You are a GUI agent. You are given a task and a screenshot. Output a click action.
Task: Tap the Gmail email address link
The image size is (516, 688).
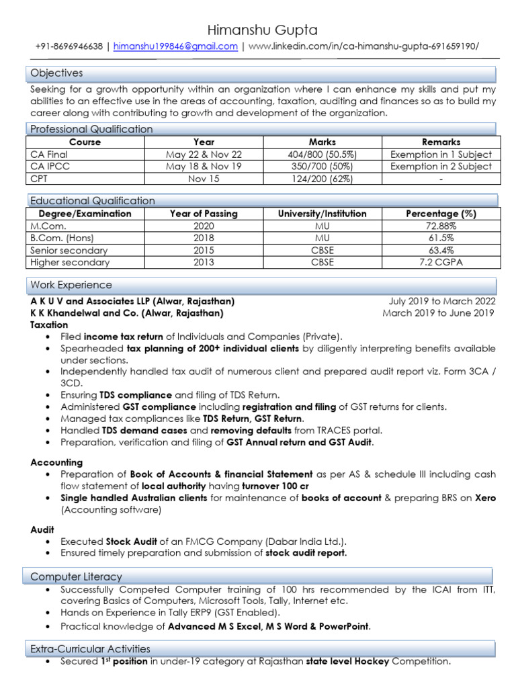(x=175, y=46)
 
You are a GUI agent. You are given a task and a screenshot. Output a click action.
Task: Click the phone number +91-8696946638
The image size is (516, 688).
(x=69, y=46)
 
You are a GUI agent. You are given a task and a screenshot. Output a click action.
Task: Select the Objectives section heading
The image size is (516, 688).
(x=56, y=73)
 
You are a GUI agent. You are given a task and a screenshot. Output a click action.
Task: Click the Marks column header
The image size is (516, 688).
(x=322, y=142)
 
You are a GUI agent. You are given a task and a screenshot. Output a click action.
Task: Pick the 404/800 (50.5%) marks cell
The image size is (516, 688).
(x=322, y=154)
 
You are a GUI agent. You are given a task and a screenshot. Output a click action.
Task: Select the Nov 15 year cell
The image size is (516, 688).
(x=204, y=178)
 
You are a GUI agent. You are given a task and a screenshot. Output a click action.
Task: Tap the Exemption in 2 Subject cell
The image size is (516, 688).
(x=441, y=166)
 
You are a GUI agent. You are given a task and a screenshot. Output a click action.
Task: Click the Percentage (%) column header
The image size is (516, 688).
(x=441, y=214)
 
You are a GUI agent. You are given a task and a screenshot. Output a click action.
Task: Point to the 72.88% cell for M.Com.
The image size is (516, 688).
(x=441, y=226)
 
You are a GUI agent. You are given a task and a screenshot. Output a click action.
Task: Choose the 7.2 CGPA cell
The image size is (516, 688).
(x=441, y=262)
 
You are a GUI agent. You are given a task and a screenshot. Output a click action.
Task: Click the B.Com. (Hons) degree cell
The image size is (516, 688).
(x=62, y=238)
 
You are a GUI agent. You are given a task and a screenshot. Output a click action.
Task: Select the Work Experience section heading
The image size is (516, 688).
(x=71, y=285)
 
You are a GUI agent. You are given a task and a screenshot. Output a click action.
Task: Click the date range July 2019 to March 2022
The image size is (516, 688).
(x=441, y=301)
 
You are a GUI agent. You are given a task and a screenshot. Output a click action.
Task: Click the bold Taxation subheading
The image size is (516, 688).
(x=49, y=325)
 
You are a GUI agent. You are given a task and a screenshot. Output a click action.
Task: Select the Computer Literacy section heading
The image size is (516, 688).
(x=76, y=576)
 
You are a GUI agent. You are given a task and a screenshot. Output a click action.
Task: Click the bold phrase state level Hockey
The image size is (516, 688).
(x=347, y=661)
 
